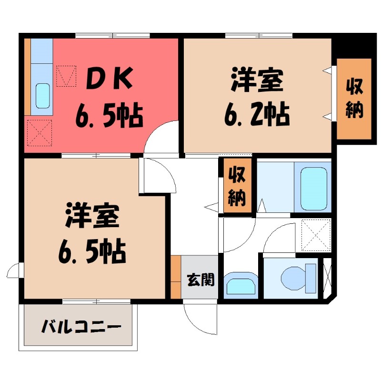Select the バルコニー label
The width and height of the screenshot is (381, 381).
pos(80,327)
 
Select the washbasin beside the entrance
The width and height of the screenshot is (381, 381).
pos(241,285)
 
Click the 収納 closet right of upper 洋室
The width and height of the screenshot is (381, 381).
pos(354,99)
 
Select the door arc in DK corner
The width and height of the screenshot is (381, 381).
pos(161,138)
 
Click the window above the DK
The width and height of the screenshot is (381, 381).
pos(112,35)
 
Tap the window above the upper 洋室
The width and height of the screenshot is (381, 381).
pos(259,35)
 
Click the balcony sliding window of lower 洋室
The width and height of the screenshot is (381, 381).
pos(96,301)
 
